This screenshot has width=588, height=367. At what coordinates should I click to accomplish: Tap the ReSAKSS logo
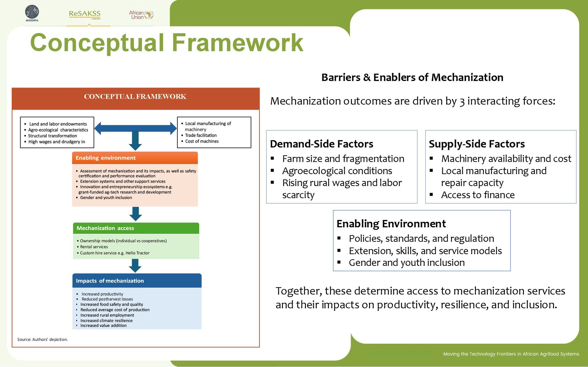click(x=85, y=14)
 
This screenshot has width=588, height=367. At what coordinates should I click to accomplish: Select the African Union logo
click(x=141, y=15)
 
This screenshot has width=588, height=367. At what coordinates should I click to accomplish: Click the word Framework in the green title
click(x=237, y=43)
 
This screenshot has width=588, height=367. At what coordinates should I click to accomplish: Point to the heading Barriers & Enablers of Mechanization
click(x=412, y=77)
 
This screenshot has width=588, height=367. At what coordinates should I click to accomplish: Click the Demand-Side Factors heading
click(x=322, y=144)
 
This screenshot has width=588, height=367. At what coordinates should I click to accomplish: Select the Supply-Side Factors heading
click(x=477, y=144)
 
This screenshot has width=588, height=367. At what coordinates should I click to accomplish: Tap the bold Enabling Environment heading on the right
click(x=391, y=224)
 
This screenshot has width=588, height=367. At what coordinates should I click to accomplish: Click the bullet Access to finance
click(x=478, y=195)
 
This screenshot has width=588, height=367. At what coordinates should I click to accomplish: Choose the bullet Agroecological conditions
click(x=337, y=171)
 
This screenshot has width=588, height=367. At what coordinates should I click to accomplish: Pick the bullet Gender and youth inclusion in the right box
click(x=407, y=262)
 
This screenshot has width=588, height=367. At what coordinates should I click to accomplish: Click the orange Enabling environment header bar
click(x=135, y=158)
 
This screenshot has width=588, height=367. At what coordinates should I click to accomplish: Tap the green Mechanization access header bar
click(x=136, y=228)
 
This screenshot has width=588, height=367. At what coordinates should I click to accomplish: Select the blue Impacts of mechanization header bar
click(x=137, y=281)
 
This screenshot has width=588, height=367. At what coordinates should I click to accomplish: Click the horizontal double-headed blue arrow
click(x=135, y=128)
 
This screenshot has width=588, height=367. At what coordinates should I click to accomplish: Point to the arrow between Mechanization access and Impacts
click(x=135, y=265)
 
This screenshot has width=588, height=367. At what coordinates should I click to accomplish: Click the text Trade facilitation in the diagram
click(x=201, y=135)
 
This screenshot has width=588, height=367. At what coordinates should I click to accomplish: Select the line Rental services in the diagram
click(x=94, y=247)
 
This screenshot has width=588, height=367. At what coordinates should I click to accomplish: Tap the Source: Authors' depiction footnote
click(x=43, y=339)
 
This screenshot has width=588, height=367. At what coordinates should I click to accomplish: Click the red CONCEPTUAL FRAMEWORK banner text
click(x=135, y=97)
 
